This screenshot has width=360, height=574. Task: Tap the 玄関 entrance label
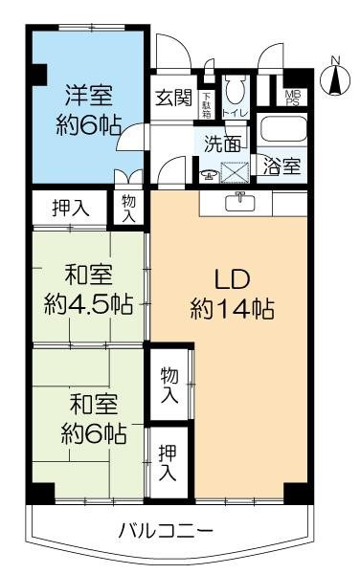[x=173, y=97]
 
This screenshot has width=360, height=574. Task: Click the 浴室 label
[x=282, y=166]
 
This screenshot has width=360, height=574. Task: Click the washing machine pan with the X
[x=233, y=174]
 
